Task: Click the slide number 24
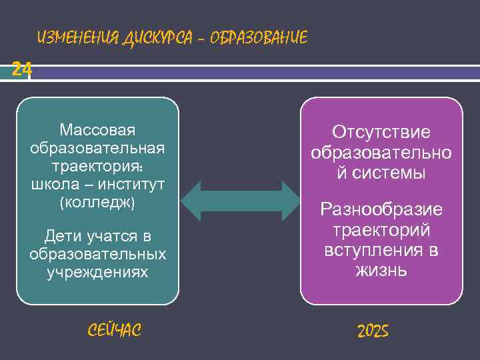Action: (21, 69)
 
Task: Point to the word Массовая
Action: (97, 129)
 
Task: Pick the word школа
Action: (53, 183)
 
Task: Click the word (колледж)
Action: (97, 201)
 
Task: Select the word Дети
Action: (63, 237)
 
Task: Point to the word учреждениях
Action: (97, 273)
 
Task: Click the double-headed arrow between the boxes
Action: (241, 200)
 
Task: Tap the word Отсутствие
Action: (381, 133)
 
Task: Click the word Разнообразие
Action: (381, 210)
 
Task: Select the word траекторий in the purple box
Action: (381, 230)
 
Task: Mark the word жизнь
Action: (381, 271)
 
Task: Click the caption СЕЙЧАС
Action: (114, 329)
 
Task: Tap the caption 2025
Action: (373, 331)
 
